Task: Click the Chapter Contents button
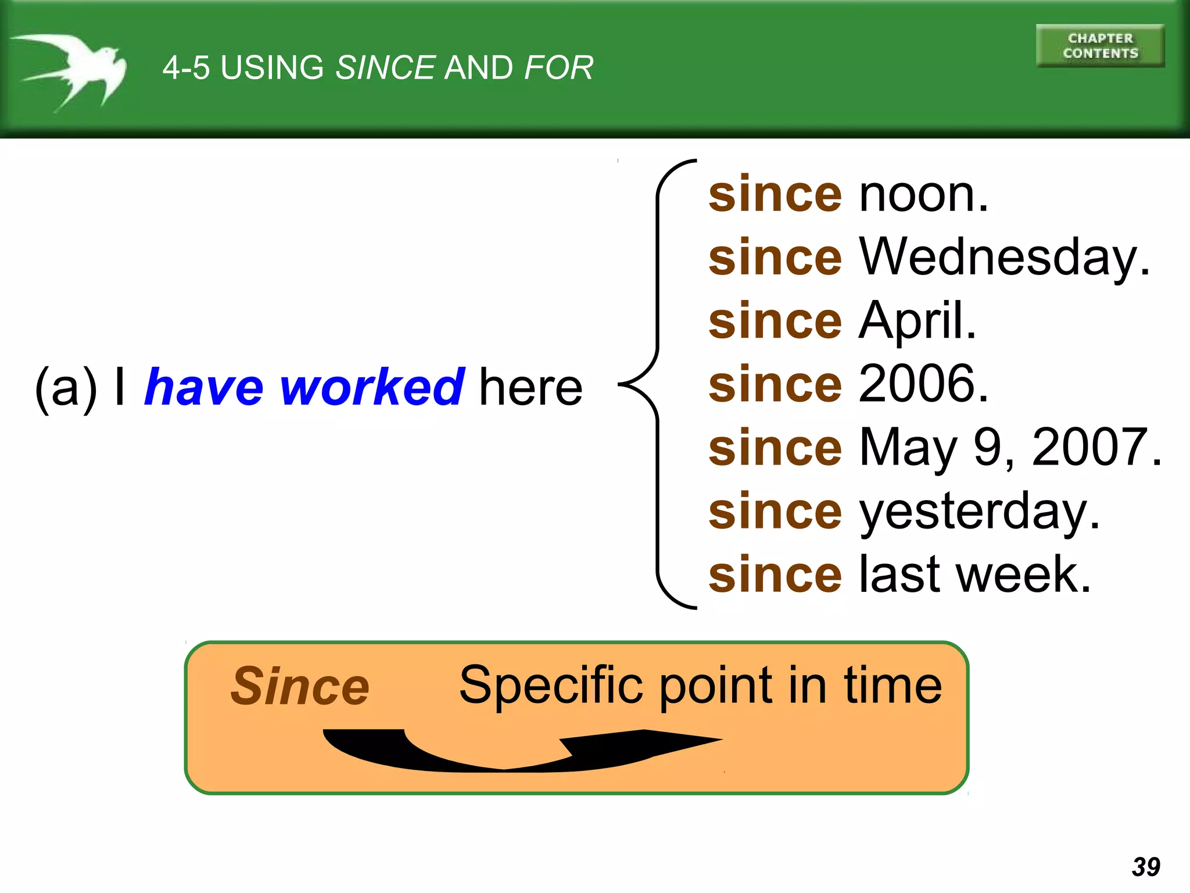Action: point(1100,46)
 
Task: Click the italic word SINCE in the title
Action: point(385,67)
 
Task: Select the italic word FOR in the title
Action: point(558,67)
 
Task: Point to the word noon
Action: point(923,195)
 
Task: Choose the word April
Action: point(917,320)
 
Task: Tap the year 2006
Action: point(923,384)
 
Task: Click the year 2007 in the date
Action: point(1095,447)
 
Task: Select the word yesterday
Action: point(979,512)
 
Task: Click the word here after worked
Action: point(531,388)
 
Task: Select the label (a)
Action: point(66,388)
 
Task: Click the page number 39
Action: point(1146,867)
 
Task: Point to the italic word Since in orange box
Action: point(300,687)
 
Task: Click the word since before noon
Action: point(775,195)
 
